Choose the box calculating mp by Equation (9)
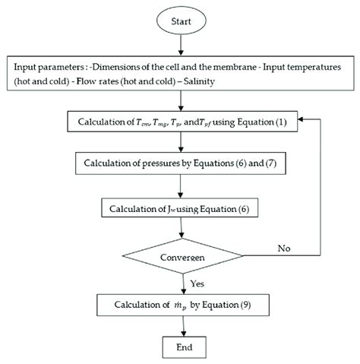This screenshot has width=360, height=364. click(180, 306)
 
